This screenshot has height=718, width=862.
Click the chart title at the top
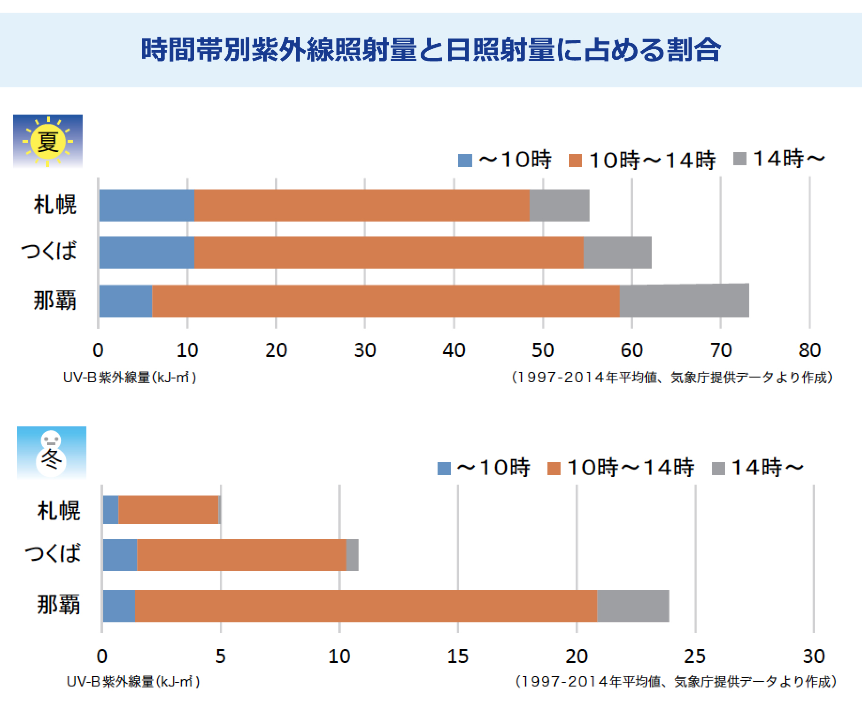[x=431, y=50]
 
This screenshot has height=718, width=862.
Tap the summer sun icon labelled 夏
[x=47, y=141]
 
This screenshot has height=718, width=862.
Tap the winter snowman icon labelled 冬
[x=51, y=453]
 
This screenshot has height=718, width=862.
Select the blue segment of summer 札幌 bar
[x=146, y=205]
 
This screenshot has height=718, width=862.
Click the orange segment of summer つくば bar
[x=389, y=253]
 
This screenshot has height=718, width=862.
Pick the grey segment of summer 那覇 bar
[x=684, y=301]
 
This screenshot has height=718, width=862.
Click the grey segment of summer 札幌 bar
[x=559, y=205]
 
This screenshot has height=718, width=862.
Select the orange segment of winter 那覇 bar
[x=366, y=606]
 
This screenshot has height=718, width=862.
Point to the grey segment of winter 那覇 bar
[x=633, y=606]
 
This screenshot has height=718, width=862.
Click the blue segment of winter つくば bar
[x=120, y=555]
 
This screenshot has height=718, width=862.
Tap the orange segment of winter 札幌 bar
[x=168, y=510]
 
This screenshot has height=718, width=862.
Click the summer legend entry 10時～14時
[x=642, y=161]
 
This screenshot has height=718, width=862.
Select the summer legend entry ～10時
[x=505, y=161]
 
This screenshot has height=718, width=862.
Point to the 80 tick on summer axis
[x=809, y=350]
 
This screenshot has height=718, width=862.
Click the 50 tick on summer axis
[x=543, y=350]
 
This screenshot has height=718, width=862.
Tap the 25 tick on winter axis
[x=695, y=656]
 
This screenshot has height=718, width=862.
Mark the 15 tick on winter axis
[x=458, y=656]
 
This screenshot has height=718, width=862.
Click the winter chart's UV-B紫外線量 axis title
[x=133, y=682]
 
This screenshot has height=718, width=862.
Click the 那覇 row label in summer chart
[x=54, y=301]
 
